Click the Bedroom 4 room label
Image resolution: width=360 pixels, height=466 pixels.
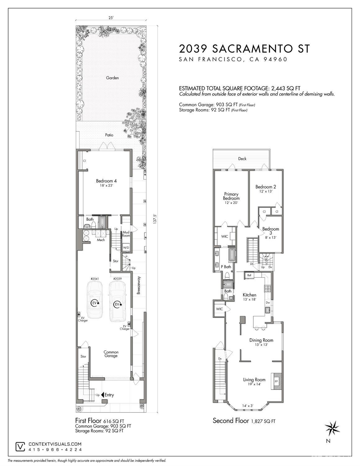(x=106, y=181)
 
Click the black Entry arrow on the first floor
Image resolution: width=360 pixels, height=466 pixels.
(x=103, y=395)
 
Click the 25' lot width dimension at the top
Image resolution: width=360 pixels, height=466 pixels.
(x=111, y=18)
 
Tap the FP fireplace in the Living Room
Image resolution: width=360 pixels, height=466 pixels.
(x=276, y=381)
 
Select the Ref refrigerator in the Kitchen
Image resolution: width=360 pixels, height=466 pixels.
(x=249, y=275)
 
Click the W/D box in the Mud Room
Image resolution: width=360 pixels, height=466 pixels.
(x=126, y=247)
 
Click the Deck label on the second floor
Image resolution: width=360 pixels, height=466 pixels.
(x=242, y=159)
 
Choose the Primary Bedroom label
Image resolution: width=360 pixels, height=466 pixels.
(x=231, y=196)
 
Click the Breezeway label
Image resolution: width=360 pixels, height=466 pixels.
(x=139, y=285)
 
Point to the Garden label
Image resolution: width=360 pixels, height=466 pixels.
(x=112, y=78)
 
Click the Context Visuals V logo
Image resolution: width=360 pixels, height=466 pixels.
(x=21, y=446)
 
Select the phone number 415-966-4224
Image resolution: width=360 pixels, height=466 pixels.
(x=55, y=450)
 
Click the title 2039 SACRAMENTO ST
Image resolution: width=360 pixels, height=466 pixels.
(x=244, y=49)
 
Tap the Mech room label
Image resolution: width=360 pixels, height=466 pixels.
(x=101, y=240)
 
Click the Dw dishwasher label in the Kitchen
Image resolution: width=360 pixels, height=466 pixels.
(x=268, y=302)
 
